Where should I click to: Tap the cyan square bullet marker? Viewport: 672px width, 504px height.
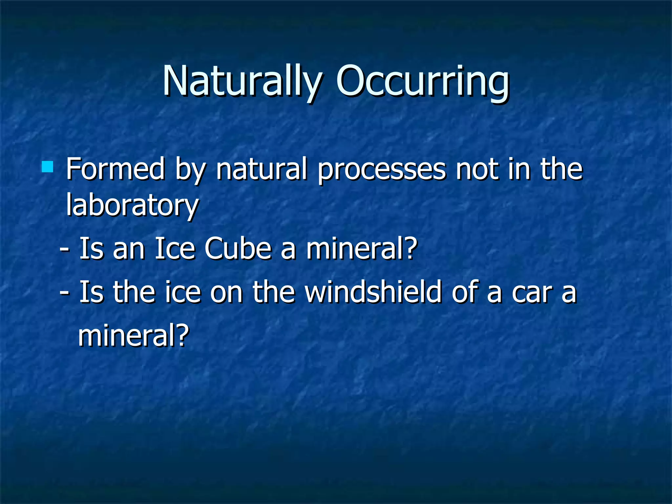(x=48, y=167)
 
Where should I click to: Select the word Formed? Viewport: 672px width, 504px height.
(x=115, y=169)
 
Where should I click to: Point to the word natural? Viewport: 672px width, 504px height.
(x=262, y=169)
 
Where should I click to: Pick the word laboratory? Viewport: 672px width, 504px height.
(x=132, y=205)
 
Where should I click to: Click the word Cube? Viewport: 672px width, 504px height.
(x=238, y=249)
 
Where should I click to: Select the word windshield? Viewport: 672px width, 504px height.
(x=373, y=292)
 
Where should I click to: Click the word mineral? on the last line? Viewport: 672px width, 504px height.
(x=134, y=335)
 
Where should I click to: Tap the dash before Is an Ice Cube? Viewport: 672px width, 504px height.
(x=64, y=250)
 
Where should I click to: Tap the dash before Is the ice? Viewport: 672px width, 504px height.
(x=64, y=293)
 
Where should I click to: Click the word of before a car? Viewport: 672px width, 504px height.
(x=465, y=292)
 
